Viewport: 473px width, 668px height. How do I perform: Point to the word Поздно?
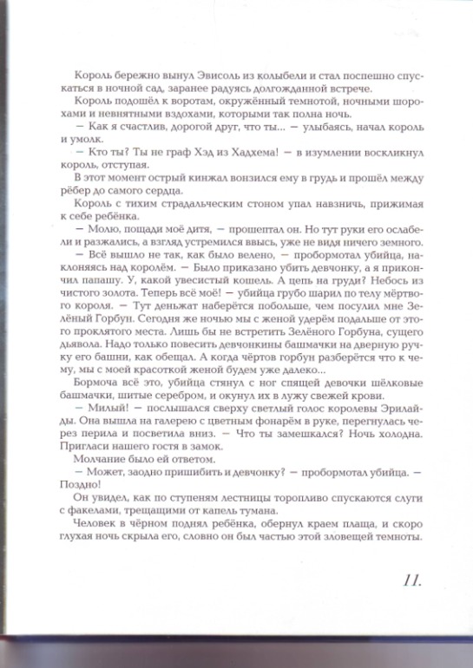[87, 521]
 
